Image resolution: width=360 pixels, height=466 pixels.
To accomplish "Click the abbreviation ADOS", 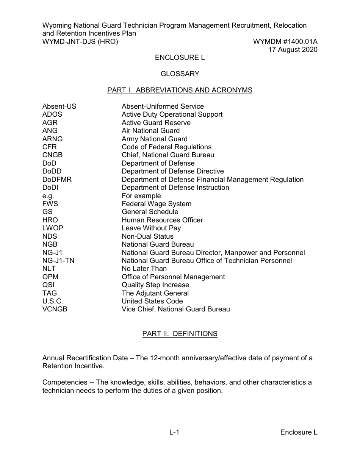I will coord(52,114).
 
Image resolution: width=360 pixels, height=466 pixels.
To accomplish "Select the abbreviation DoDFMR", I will coord(57,180).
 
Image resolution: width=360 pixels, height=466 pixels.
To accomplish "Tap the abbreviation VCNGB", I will coord(55,309).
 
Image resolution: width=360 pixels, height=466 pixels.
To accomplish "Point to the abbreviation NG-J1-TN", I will coord(58,261).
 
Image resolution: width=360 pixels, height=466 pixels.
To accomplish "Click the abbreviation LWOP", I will coord(53,228).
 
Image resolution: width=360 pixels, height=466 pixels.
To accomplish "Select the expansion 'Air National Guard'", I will coord(150,131).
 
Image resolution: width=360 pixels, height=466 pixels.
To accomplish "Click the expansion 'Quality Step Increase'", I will coord(155,285).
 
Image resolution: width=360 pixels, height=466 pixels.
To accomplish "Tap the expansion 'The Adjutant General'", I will coord(155,293).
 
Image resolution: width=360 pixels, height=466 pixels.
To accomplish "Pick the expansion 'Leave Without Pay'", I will coord(151,228).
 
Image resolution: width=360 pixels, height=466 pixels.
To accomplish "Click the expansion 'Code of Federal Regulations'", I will coord(166,147).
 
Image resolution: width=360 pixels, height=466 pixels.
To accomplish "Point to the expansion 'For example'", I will coord(141,196).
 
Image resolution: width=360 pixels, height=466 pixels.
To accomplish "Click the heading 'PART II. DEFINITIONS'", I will coord(180,334).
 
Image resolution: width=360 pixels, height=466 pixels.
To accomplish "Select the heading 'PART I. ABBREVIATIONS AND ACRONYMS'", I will coord(180,90).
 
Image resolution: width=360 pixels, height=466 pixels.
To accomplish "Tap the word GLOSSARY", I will coord(180,74).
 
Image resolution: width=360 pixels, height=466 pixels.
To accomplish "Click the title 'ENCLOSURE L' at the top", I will coord(180,58).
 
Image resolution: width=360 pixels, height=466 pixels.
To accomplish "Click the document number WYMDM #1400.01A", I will coord(285,42).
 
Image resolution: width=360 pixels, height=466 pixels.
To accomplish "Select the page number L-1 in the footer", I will coord(174,433).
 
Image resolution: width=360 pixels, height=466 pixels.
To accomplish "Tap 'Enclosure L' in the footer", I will coord(299,433).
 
